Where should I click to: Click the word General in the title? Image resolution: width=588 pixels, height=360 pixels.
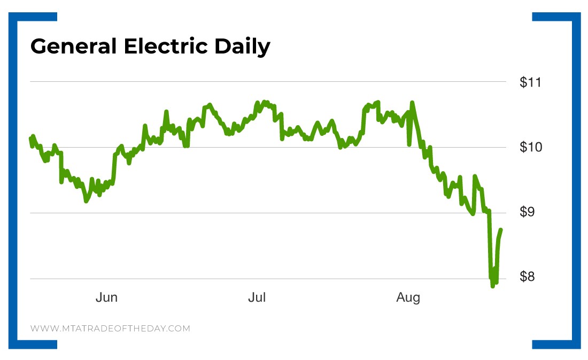point(73,47)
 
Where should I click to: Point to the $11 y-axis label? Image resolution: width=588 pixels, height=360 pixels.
point(530,82)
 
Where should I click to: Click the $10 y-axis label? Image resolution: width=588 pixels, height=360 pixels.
point(530,147)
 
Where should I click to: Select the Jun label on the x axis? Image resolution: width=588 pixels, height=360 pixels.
point(106,297)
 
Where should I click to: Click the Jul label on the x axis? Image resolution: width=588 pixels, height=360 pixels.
point(257,297)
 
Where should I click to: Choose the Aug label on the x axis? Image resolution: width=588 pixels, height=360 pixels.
point(408,297)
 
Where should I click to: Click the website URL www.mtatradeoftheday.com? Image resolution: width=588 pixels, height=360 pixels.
point(110,328)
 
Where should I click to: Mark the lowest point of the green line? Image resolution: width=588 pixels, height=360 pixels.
point(492,286)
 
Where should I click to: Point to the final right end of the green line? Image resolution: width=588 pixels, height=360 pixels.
point(500,229)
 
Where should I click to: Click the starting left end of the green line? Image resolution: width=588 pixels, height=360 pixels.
point(30,139)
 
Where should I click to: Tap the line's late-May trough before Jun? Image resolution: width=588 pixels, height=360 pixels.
point(86,201)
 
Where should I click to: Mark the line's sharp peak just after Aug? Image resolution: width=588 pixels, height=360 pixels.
point(412,102)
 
